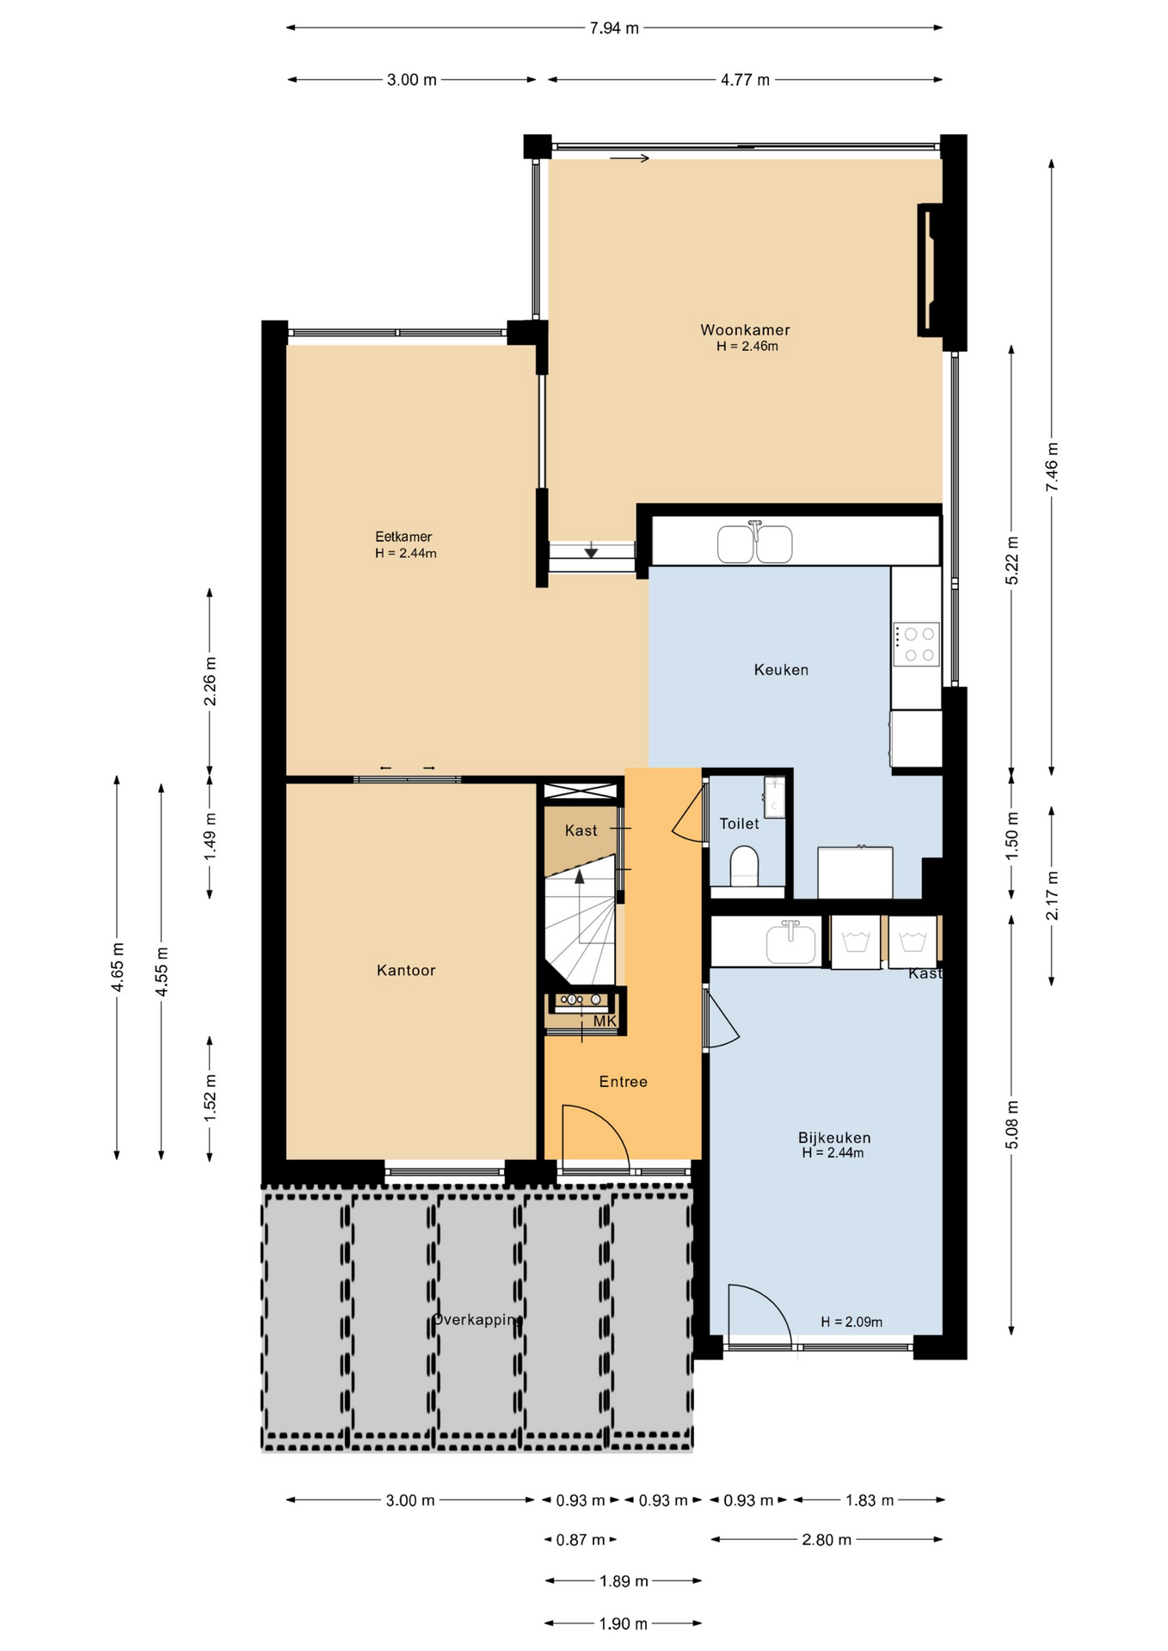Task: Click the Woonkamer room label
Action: pyautogui.click(x=745, y=329)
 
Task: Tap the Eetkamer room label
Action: pyautogui.click(x=403, y=537)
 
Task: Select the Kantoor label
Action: pyautogui.click(x=406, y=970)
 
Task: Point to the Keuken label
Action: pyautogui.click(x=781, y=670)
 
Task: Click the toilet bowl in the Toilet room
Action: pyautogui.click(x=744, y=865)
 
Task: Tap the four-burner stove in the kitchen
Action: pyautogui.click(x=916, y=644)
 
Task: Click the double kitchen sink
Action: pyautogui.click(x=755, y=543)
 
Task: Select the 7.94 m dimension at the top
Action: pyautogui.click(x=614, y=28)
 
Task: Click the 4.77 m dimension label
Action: pyautogui.click(x=745, y=80)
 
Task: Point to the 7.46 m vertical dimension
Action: pyautogui.click(x=1052, y=467)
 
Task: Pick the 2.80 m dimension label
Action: pyautogui.click(x=827, y=1539)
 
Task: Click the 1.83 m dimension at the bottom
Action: pyautogui.click(x=870, y=1501)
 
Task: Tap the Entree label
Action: pyautogui.click(x=624, y=1082)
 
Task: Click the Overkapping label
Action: pyautogui.click(x=477, y=1319)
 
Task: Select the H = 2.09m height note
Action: pyautogui.click(x=851, y=1322)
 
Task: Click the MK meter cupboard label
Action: pyautogui.click(x=605, y=1022)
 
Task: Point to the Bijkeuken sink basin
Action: pyautogui.click(x=790, y=942)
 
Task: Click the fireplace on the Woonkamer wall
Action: pyautogui.click(x=931, y=269)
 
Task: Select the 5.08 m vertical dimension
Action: pyautogui.click(x=1012, y=1124)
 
